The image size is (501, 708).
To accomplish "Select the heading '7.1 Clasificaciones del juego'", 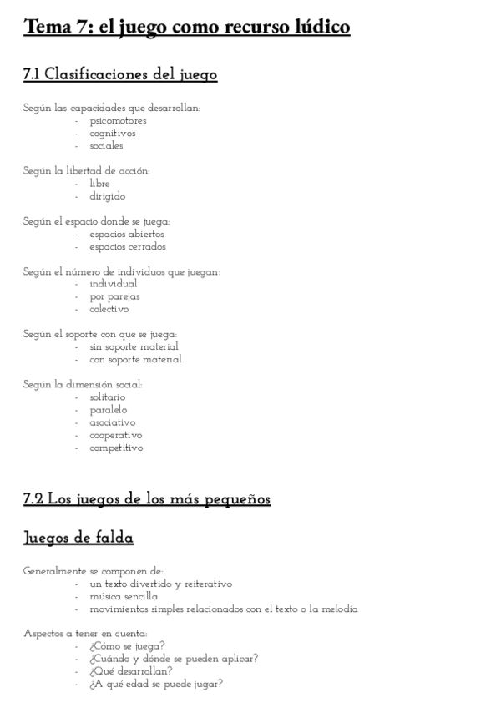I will (120, 75).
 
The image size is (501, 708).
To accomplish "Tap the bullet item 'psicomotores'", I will (118, 120).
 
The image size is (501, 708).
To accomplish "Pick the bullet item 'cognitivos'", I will (113, 133).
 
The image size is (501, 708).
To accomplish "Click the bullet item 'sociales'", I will (107, 145).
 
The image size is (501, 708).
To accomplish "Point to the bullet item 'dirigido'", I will (108, 196).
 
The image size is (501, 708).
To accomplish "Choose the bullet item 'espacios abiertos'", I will (127, 234).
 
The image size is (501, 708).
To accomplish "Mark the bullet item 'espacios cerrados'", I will (128, 246).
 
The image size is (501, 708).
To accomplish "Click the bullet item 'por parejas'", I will (115, 296).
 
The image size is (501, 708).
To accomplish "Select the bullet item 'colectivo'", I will (109, 309).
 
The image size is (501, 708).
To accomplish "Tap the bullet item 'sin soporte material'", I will (134, 346).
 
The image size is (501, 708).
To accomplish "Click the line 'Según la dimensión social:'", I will (83, 385).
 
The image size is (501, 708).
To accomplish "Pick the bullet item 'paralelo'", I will (109, 410).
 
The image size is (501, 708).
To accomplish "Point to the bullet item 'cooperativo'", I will (116, 435).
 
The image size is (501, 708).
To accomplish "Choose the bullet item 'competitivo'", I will (116, 448).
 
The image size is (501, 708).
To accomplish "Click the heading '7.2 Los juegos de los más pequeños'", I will (147, 499).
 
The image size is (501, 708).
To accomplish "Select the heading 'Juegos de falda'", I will (78, 538).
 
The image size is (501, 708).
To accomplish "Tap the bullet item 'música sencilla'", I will (124, 596).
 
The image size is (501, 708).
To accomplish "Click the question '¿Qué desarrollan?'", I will (131, 671).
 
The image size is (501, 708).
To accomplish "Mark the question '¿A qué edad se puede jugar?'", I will (156, 684).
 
